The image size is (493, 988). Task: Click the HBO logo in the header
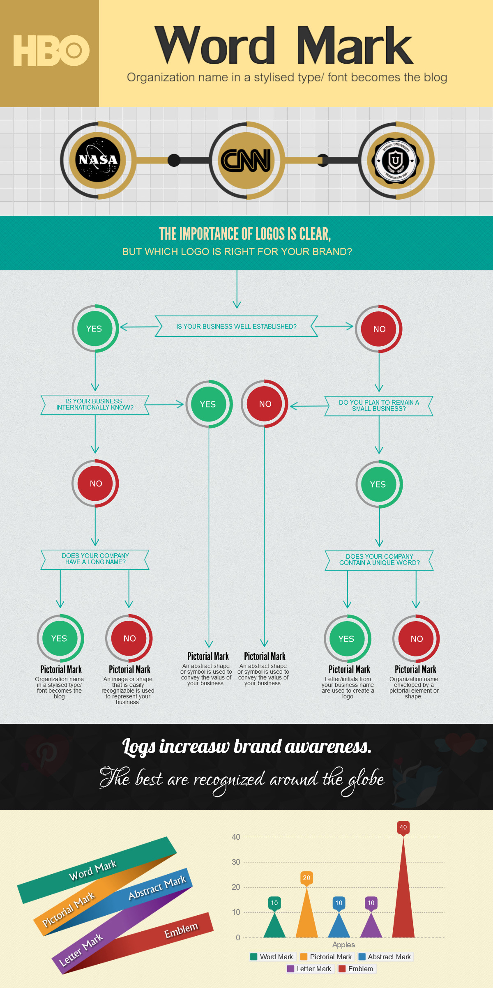[x=51, y=51]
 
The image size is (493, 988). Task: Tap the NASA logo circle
[x=98, y=160]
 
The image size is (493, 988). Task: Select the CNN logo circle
[x=246, y=160]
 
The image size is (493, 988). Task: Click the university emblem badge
[x=395, y=160]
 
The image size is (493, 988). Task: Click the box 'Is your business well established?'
[x=236, y=327]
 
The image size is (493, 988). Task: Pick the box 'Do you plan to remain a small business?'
[x=379, y=406]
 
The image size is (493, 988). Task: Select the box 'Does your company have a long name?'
[x=95, y=559]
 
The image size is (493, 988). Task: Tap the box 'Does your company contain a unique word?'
[x=379, y=560]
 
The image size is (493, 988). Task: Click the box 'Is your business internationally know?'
[x=95, y=405]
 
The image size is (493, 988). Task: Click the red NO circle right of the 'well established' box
[x=379, y=329]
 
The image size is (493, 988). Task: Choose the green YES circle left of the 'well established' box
[x=95, y=329]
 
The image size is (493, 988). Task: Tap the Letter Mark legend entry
[x=309, y=969]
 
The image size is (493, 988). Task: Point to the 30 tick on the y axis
[x=236, y=862]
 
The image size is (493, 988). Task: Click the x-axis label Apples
[x=343, y=945]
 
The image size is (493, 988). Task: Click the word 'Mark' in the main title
[x=354, y=46]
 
